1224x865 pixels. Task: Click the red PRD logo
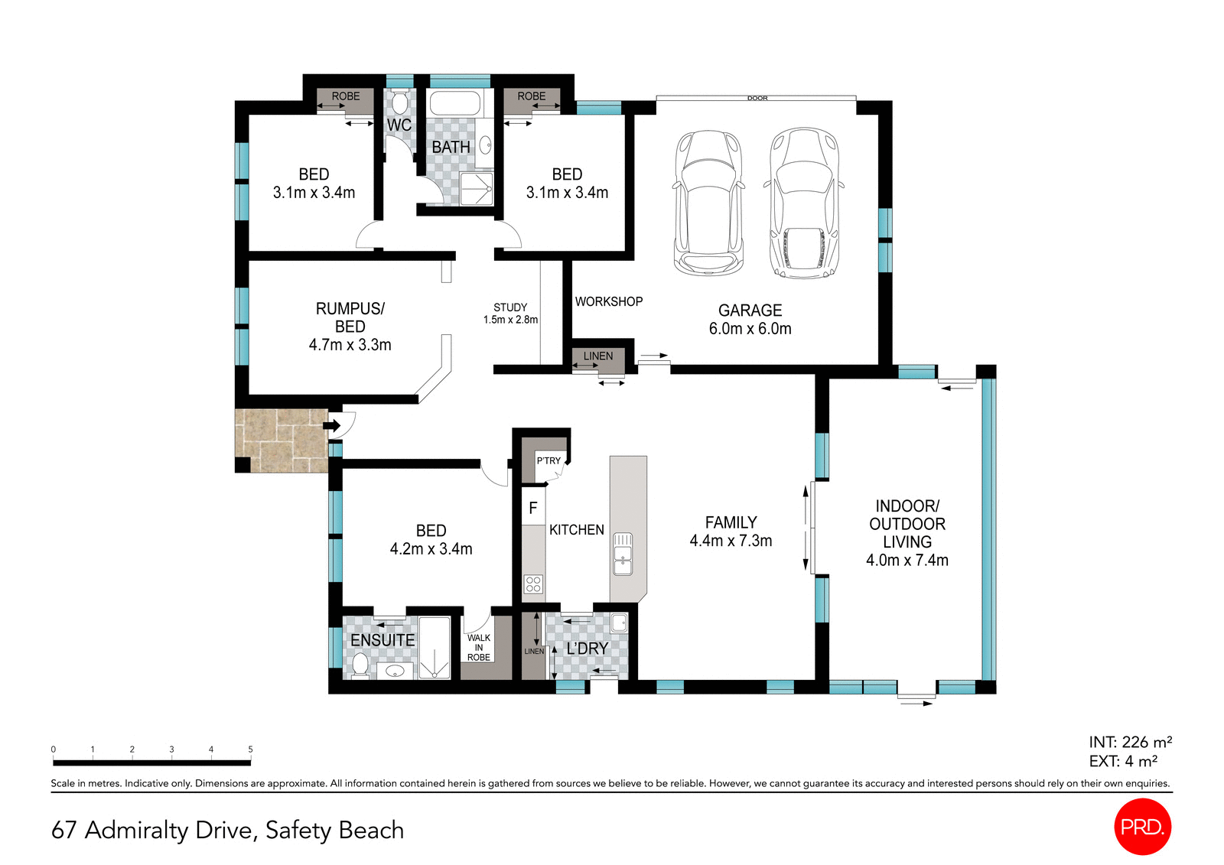click(1142, 826)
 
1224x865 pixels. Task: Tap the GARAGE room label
click(750, 311)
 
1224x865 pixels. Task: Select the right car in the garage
click(804, 203)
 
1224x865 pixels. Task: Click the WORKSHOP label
click(609, 301)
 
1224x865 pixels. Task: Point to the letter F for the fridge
click(533, 508)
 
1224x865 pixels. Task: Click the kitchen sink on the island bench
click(623, 554)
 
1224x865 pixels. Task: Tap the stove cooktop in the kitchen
click(533, 584)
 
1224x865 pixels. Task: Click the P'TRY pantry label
click(549, 460)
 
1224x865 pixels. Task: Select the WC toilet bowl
click(400, 104)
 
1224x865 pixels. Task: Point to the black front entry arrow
click(333, 425)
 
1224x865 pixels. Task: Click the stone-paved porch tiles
click(279, 440)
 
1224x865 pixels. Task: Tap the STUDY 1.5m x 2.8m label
click(510, 314)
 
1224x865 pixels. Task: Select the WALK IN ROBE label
click(479, 647)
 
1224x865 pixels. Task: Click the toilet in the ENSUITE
click(360, 664)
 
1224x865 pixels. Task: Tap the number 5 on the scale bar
click(250, 750)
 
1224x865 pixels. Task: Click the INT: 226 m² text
click(1130, 742)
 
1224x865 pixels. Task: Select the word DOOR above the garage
click(757, 98)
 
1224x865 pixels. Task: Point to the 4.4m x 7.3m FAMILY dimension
click(731, 541)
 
